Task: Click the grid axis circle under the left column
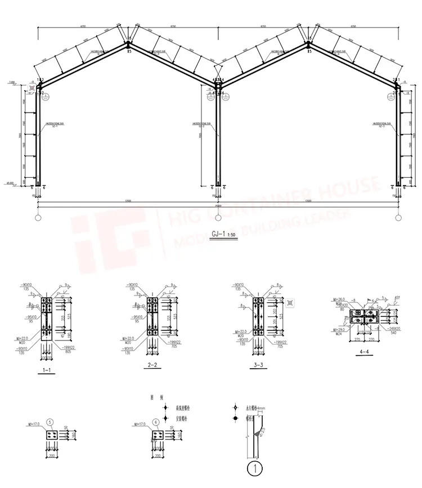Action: click(38, 217)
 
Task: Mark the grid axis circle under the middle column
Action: click(218, 217)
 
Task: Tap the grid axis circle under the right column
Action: click(398, 217)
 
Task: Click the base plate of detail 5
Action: click(50, 437)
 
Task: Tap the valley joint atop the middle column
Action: click(218, 82)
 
